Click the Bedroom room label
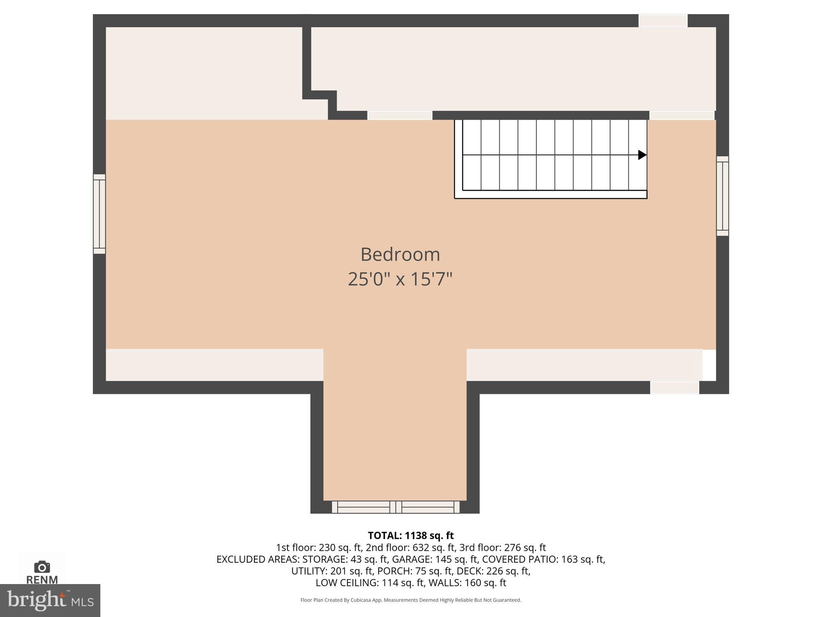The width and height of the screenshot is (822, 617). (x=400, y=255)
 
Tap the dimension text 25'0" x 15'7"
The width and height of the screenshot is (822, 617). (x=400, y=279)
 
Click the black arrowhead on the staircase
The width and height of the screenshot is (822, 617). (x=642, y=155)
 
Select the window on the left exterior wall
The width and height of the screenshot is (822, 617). (x=100, y=214)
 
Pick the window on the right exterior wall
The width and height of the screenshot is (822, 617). (x=722, y=196)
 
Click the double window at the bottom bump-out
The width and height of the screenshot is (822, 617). (x=395, y=507)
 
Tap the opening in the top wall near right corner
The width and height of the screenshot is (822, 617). (x=663, y=20)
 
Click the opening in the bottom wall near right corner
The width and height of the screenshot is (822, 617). (x=674, y=388)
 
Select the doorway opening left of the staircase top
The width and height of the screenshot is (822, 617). (x=400, y=116)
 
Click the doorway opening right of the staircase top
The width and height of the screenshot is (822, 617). (x=682, y=116)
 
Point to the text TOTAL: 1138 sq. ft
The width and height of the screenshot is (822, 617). (x=411, y=535)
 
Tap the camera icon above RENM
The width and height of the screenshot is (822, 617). (x=42, y=567)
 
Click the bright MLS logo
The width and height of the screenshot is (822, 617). (x=50, y=600)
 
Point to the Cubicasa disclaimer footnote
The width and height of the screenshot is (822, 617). (x=411, y=600)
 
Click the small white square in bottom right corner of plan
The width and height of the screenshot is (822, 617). (x=709, y=365)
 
